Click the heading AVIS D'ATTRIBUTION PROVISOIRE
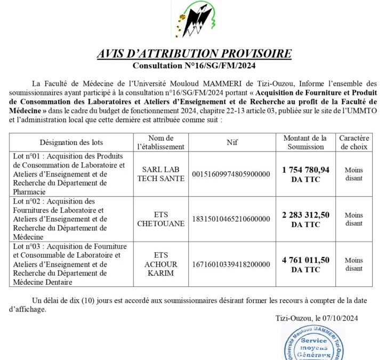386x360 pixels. [194, 54]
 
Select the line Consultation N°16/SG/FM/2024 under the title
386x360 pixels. [194, 66]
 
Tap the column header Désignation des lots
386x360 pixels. [71, 142]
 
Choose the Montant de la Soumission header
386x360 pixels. [305, 142]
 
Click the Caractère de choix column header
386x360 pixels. [353, 142]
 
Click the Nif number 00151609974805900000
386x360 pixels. [231, 174]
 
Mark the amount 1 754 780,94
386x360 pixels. [305, 170]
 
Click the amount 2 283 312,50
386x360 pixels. [305, 215]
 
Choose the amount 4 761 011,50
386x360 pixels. [305, 260]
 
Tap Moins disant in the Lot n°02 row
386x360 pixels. [353, 219]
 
